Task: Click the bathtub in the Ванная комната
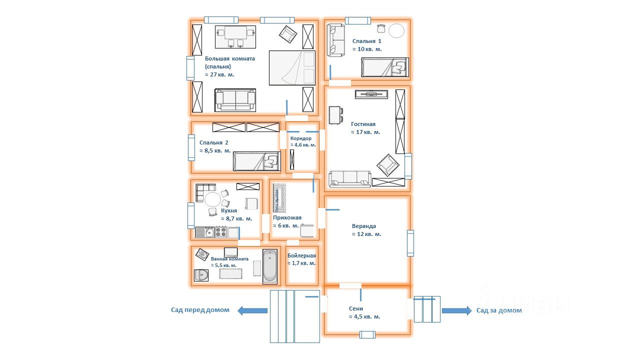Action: point(269,266)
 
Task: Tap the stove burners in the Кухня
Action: point(220,232)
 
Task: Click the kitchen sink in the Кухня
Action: point(205,232)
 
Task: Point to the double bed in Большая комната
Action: point(292,67)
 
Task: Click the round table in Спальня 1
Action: point(396,31)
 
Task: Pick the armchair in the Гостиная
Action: point(388,164)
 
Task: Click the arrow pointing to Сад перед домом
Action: point(252,310)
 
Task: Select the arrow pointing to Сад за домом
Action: point(456,310)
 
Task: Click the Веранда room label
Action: point(364,226)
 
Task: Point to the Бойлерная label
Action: point(301,255)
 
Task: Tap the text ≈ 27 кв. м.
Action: point(219,74)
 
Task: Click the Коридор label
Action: point(301,138)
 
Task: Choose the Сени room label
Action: point(356,308)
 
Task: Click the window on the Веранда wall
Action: point(410,243)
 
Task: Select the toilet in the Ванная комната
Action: point(201,275)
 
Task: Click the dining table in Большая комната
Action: point(235,33)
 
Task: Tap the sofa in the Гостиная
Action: point(350,178)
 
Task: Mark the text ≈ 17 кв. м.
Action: point(365,132)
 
